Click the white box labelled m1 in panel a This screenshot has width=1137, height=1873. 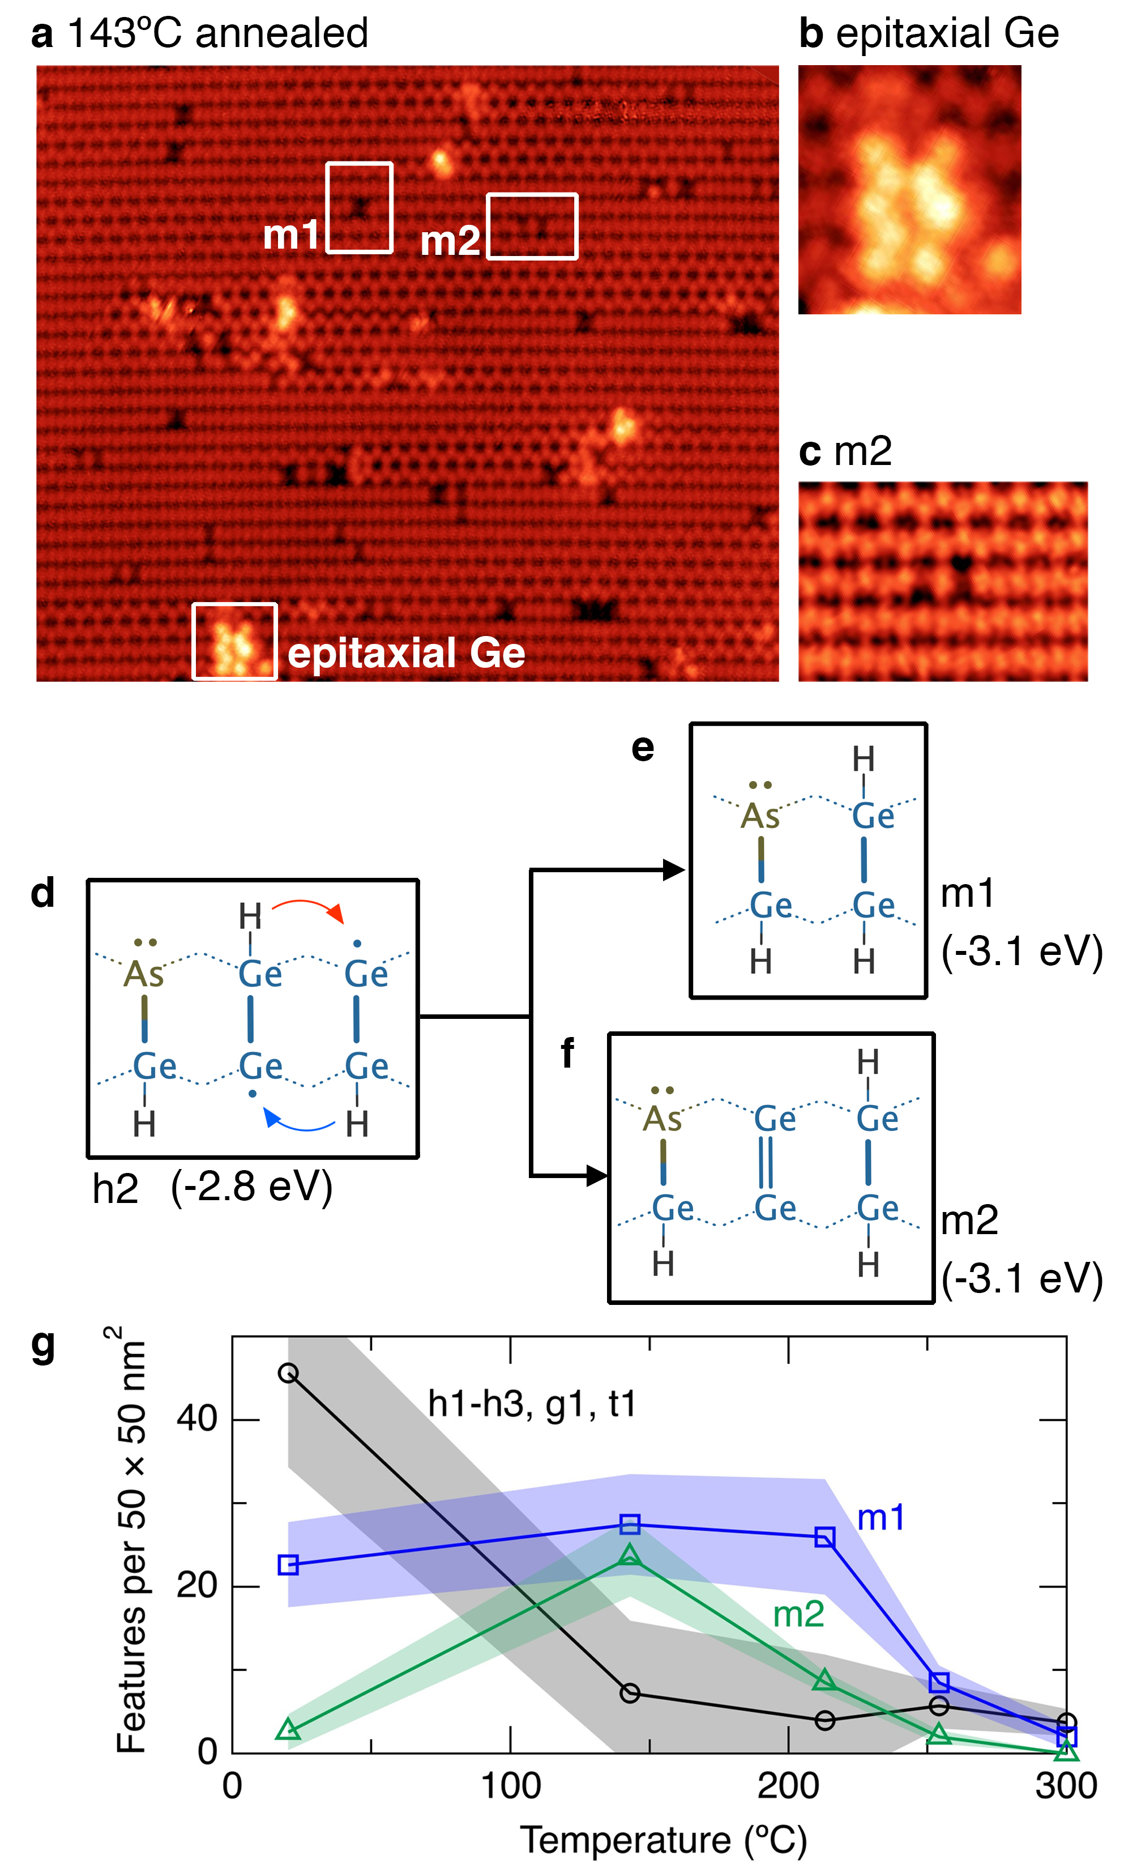[359, 207]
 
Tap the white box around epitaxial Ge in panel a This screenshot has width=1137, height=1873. [234, 641]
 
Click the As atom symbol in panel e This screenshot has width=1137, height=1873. [759, 816]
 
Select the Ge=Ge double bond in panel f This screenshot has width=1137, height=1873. [766, 1162]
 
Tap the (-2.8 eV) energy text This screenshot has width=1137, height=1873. [251, 1187]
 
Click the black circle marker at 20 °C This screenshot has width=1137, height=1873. [288, 1373]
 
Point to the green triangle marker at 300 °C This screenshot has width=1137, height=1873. [1066, 1751]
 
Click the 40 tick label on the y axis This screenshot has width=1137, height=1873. [197, 1418]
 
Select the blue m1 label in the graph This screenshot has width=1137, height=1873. [881, 1518]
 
